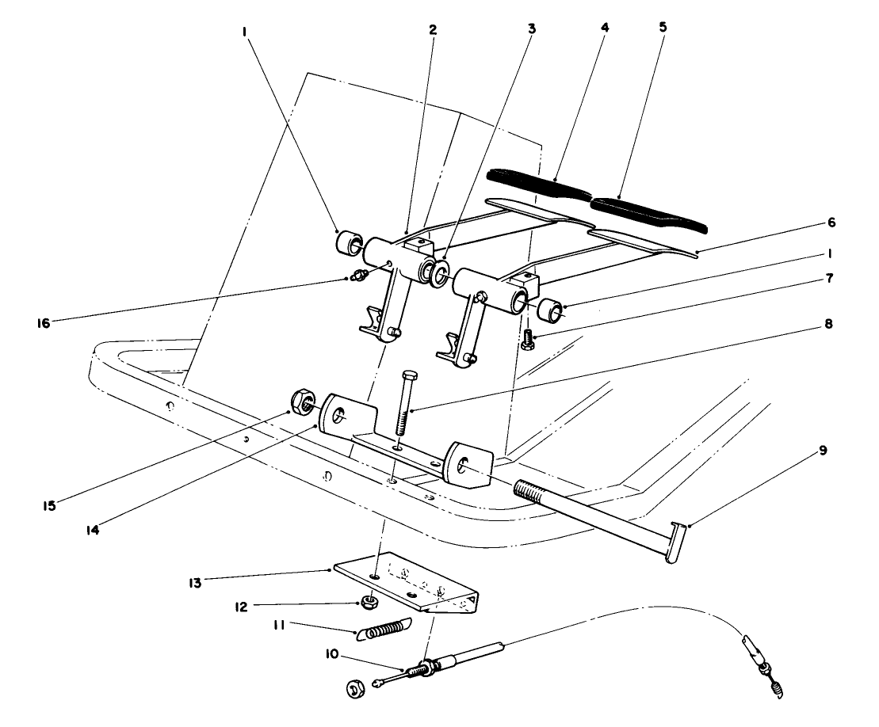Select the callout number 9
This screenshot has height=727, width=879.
[x=824, y=451]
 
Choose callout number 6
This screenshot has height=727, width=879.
[x=830, y=224]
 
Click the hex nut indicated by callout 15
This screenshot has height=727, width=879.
[x=300, y=403]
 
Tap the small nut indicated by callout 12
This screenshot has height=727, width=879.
[x=369, y=603]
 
